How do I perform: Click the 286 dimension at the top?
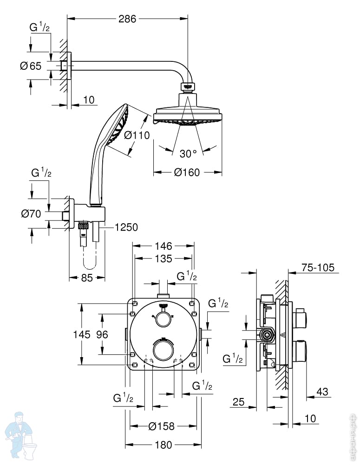(127, 19)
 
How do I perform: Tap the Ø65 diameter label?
(31, 66)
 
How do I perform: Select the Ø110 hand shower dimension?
(137, 135)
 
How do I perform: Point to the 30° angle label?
(188, 153)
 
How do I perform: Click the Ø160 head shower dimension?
(187, 173)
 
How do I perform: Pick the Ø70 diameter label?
(31, 213)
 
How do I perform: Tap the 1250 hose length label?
(126, 227)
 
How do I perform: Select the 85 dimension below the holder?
(87, 278)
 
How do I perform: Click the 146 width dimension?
(164, 246)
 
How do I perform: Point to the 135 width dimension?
(164, 259)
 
